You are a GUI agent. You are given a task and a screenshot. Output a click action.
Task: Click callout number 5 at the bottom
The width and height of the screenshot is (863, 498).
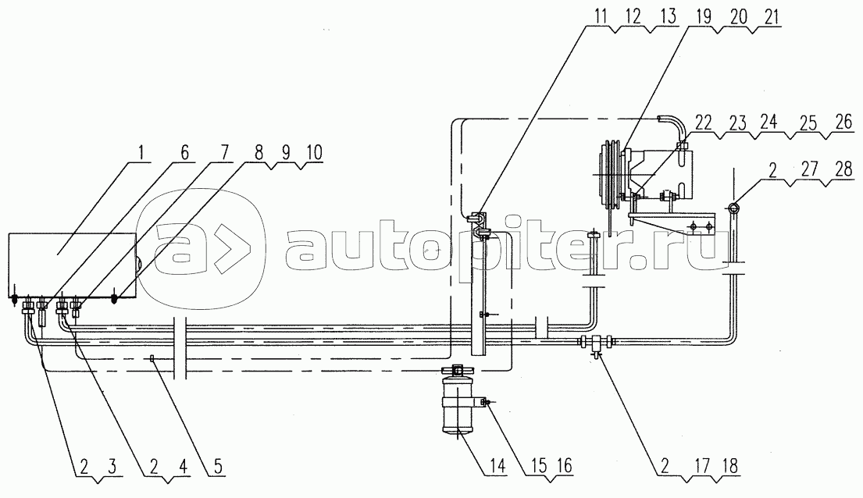[x=218, y=467]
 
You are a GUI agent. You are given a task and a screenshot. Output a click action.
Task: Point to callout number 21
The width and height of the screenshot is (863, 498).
[x=771, y=16]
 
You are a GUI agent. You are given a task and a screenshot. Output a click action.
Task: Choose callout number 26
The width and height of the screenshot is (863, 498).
[x=843, y=123]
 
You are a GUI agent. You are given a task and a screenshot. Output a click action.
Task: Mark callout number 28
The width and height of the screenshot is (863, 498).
[x=843, y=169]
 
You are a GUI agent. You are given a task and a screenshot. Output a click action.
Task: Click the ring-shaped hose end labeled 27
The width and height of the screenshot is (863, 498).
[x=734, y=208]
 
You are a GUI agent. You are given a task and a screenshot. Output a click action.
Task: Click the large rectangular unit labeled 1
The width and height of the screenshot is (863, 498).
[x=72, y=268]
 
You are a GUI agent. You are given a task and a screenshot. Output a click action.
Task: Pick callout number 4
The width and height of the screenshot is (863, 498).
[x=181, y=467]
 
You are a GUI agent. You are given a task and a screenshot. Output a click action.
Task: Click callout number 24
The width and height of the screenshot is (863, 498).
[x=768, y=123]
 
